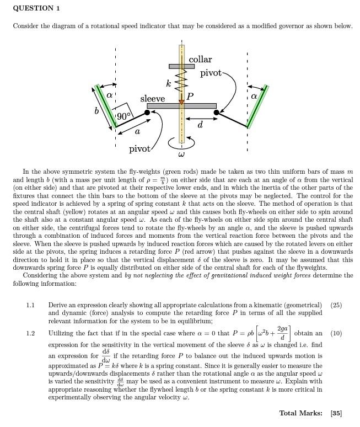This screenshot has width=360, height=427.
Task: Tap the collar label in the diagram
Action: [200, 60]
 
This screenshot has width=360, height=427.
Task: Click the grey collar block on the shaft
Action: [181, 66]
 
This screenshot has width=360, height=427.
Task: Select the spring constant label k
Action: [169, 83]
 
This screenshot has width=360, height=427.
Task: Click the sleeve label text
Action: [152, 99]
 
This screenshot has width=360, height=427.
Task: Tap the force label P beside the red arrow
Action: [190, 97]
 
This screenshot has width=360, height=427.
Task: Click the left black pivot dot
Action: [147, 113]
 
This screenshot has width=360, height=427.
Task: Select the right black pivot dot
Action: [216, 113]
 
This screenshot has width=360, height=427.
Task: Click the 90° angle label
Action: [123, 116]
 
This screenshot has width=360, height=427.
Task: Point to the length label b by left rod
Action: [97, 110]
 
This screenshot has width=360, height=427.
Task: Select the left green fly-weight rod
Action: [106, 105]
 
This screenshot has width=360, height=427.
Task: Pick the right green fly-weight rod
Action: [257, 106]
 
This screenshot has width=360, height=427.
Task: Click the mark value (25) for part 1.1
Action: [336, 305]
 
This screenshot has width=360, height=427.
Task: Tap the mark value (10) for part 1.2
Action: [336, 334]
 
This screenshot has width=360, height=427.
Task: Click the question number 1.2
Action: [30, 334]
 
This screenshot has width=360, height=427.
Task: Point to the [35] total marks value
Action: [336, 413]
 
